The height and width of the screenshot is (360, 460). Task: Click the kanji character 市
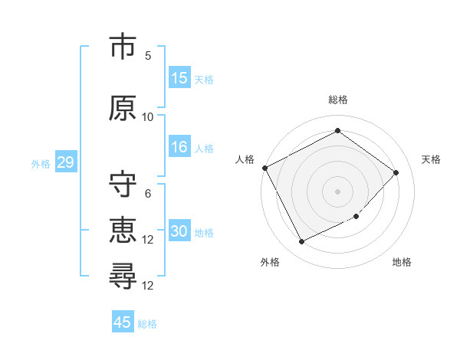(x=123, y=47)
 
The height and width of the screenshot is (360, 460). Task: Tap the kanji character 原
(x=123, y=107)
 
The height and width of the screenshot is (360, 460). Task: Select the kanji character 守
(x=123, y=185)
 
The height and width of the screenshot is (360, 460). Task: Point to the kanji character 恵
(x=123, y=231)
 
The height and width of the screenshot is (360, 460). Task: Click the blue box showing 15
(x=179, y=78)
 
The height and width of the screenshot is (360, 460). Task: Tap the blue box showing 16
(x=179, y=147)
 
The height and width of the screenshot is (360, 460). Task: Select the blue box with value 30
(x=179, y=231)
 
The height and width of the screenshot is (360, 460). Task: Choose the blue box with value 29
(x=65, y=162)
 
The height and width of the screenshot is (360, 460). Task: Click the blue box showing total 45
(x=123, y=322)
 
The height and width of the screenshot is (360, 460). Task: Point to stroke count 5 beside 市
(x=148, y=56)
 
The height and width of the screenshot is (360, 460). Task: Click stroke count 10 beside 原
(x=148, y=116)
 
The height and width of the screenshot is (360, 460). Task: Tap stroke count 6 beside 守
(x=148, y=194)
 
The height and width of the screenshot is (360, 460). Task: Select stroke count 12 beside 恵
(x=148, y=240)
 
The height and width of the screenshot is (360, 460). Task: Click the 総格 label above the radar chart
(x=338, y=100)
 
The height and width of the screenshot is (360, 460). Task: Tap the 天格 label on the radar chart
(x=432, y=159)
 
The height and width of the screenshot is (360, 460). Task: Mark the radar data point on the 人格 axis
(x=265, y=168)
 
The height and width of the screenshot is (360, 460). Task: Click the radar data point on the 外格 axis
(x=301, y=242)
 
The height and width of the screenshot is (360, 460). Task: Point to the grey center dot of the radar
(x=337, y=191)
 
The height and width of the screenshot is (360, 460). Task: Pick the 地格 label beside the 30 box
(x=205, y=232)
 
